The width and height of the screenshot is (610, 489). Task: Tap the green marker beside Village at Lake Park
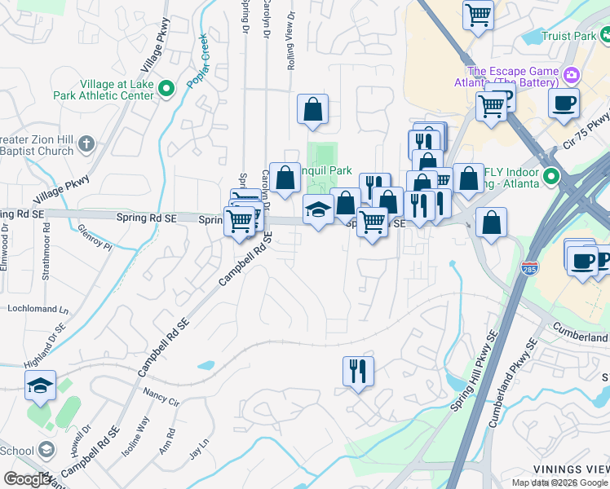click(167, 89)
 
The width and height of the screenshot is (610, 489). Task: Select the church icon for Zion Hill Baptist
click(87, 146)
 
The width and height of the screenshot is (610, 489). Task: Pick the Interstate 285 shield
click(530, 291)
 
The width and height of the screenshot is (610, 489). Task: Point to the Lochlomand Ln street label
click(38, 309)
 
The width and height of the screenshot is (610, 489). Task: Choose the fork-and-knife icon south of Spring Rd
click(358, 371)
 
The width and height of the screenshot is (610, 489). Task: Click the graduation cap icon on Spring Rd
click(318, 209)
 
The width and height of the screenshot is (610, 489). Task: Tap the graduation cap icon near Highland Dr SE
click(40, 385)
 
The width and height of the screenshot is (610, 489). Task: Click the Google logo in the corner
click(28, 479)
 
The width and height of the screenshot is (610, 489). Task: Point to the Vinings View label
click(571, 469)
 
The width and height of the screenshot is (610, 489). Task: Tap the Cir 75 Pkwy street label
click(586, 133)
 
